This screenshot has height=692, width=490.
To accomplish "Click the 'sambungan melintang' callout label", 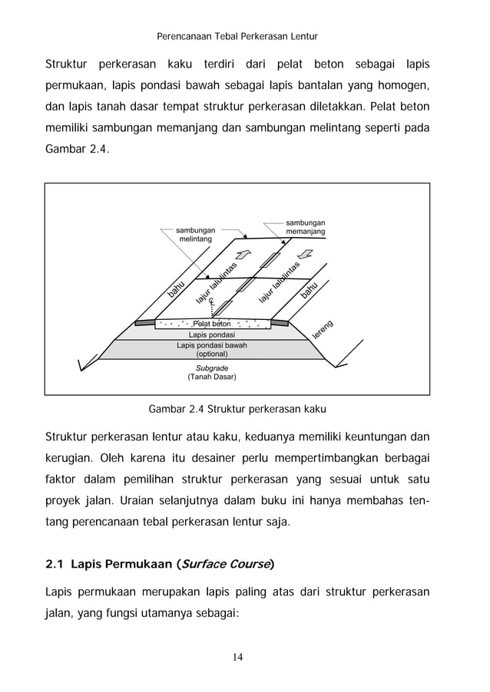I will [195, 235].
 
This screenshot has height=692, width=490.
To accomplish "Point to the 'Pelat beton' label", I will [212, 324].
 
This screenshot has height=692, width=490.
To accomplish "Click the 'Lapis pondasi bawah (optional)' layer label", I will [212, 350].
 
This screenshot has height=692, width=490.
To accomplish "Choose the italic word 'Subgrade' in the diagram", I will [212, 368].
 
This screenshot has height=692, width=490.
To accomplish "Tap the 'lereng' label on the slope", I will [324, 329].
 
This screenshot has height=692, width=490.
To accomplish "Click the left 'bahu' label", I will [176, 290].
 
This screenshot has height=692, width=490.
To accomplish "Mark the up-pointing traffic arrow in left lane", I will [244, 255].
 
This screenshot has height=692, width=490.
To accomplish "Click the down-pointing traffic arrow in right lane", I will [304, 254].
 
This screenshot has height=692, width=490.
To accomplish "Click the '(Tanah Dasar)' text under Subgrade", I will [212, 377].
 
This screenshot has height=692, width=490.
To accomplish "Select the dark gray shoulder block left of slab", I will [147, 323].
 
